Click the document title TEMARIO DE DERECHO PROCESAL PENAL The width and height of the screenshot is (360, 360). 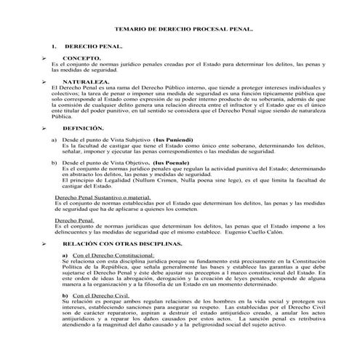[x=179, y=32]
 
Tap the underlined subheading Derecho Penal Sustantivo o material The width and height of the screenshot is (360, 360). [x=103, y=197]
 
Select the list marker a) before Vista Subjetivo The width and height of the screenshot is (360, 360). [x=54, y=139]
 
